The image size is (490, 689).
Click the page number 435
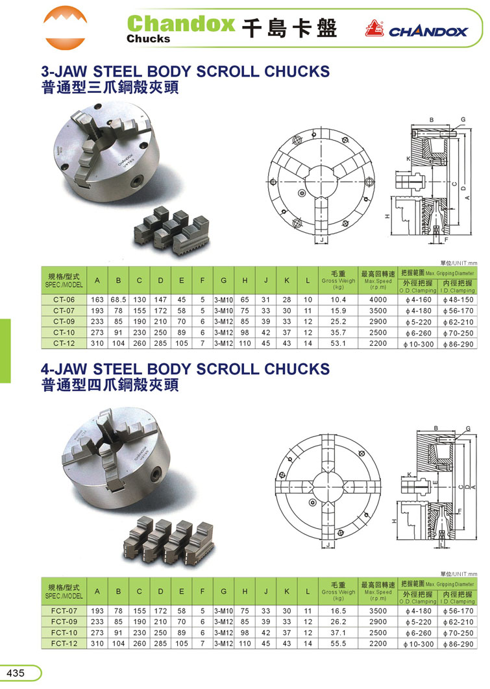coord(16,673)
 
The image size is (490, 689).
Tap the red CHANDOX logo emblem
coord(374,29)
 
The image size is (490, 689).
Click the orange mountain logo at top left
coord(65,27)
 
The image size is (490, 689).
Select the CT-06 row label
coord(64,300)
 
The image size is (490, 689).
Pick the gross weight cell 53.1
coord(338,343)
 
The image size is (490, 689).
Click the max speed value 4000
coord(378,300)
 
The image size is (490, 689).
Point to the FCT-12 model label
coord(64,644)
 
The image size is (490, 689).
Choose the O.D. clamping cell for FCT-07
coord(418,610)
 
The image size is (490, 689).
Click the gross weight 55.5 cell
coord(338,644)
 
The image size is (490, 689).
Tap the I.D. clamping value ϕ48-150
coord(458,300)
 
